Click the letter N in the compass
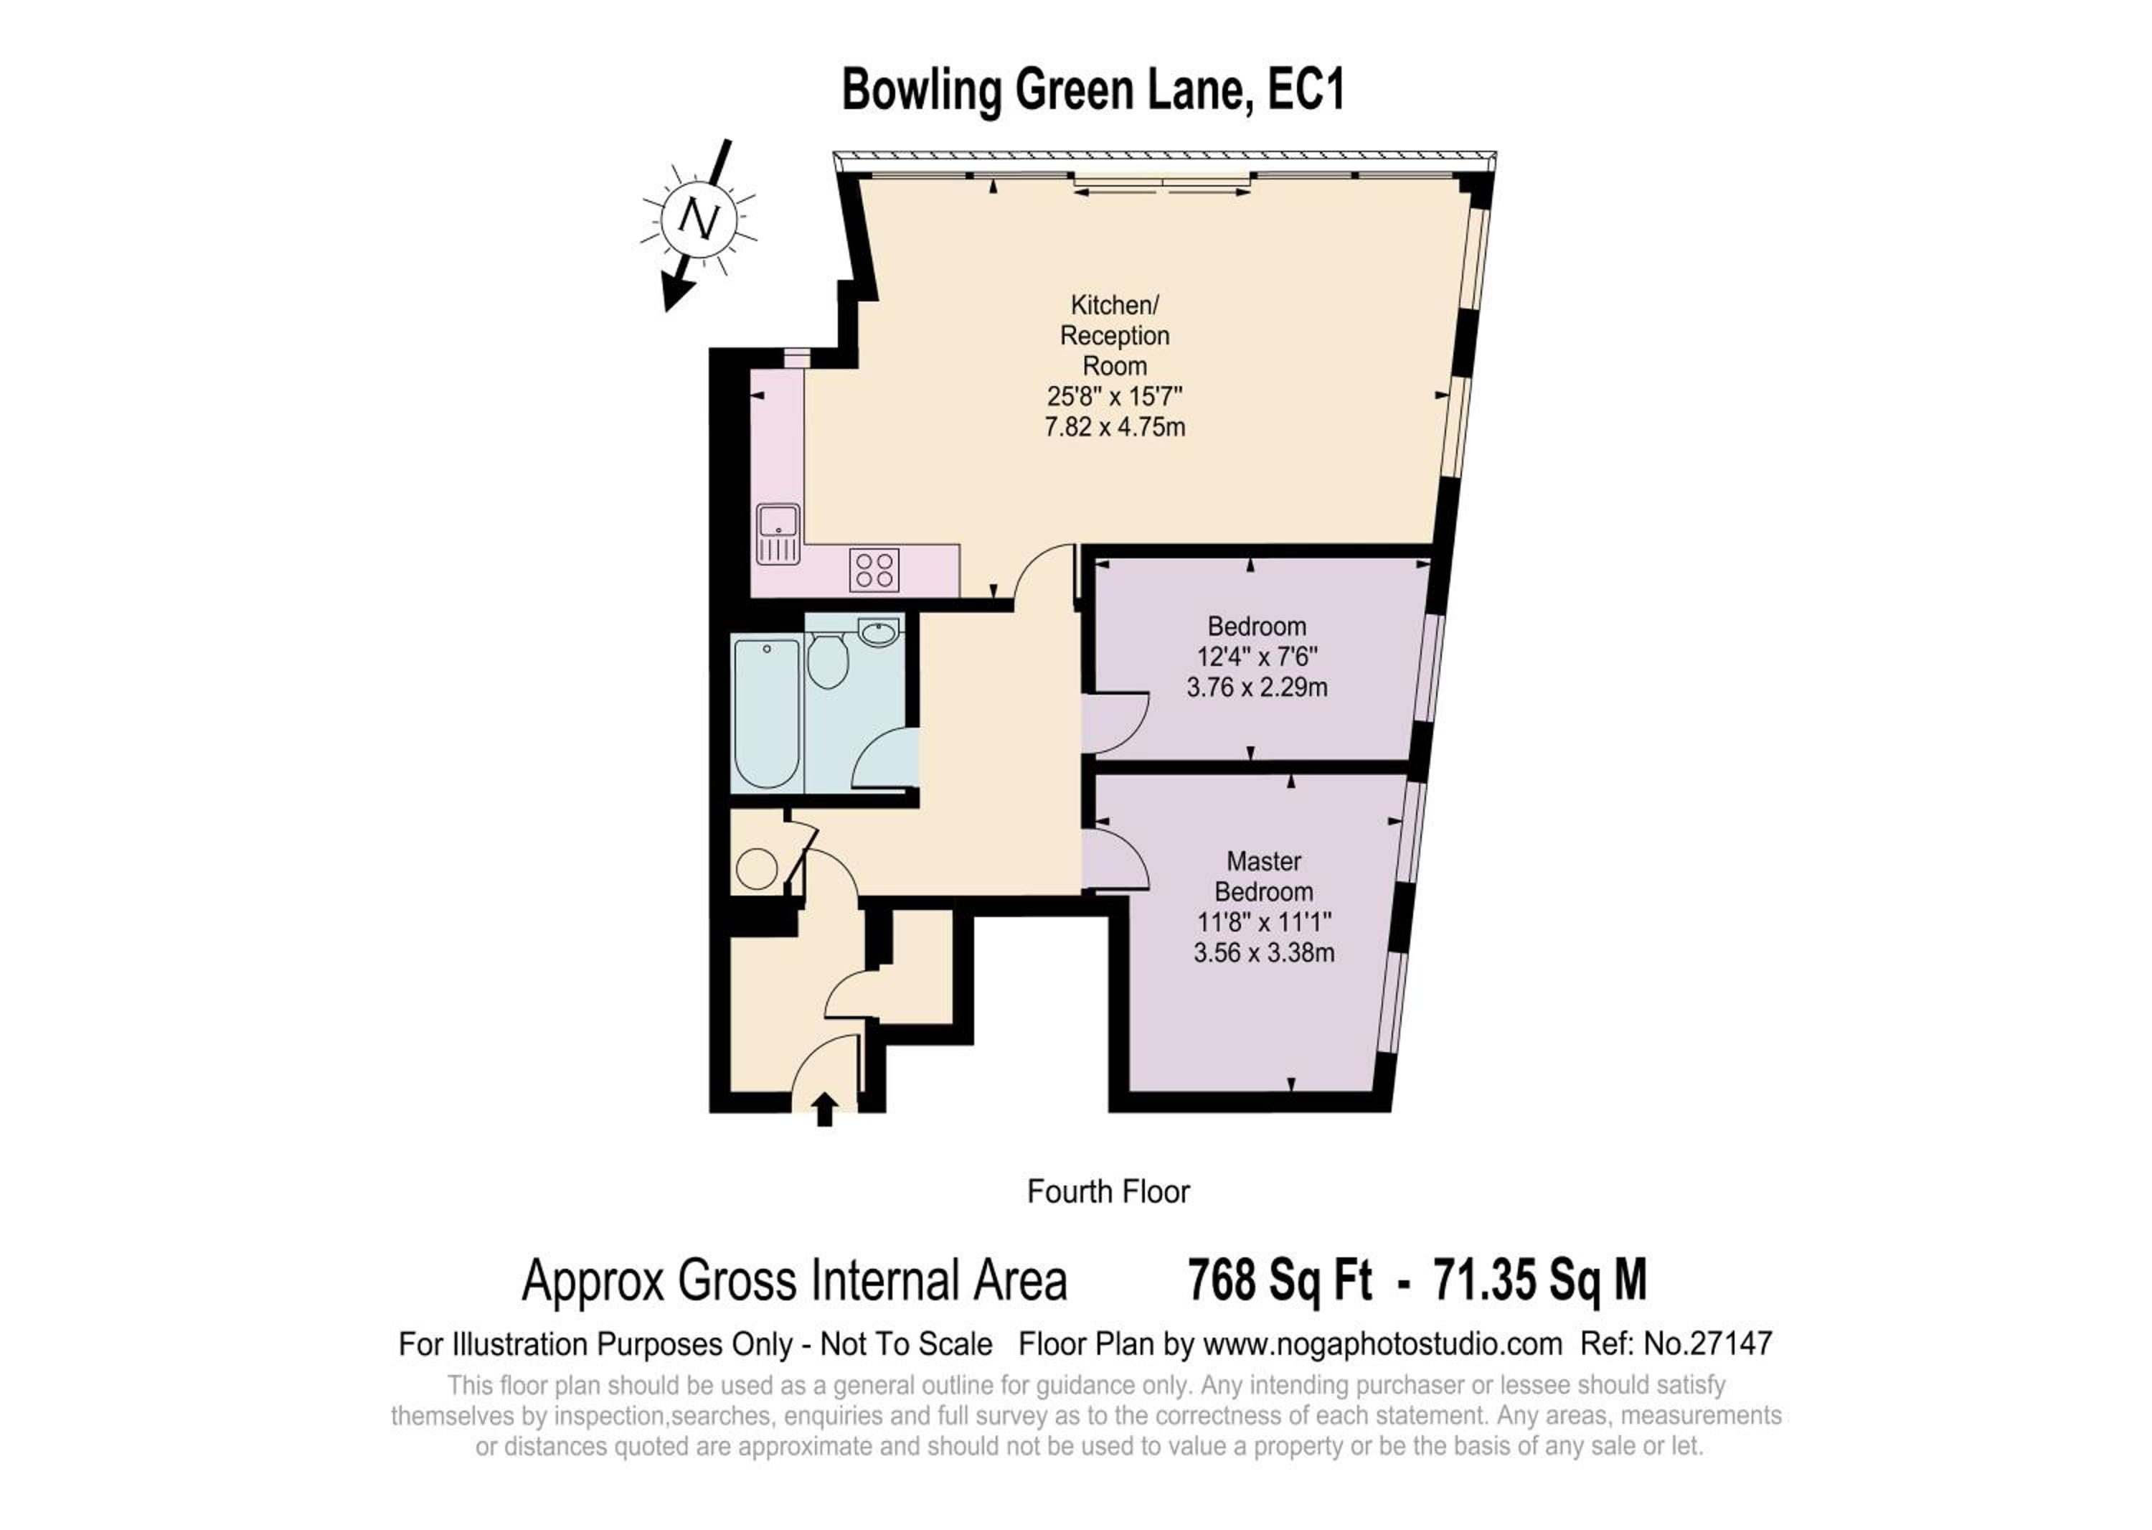pyautogui.click(x=699, y=222)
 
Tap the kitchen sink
pyautogui.click(x=778, y=534)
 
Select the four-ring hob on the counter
pyautogui.click(x=874, y=570)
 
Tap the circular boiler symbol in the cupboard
pyautogui.click(x=756, y=870)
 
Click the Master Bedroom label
pyautogui.click(x=1264, y=876)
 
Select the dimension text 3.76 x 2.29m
pyautogui.click(x=1257, y=687)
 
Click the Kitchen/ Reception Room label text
pyautogui.click(x=1115, y=335)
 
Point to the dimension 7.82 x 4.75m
pyautogui.click(x=1115, y=427)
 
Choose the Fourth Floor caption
pyautogui.click(x=1108, y=1192)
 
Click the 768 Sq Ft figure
pyautogui.click(x=1280, y=1280)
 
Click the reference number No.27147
pyautogui.click(x=1709, y=1343)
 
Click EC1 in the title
pyautogui.click(x=1307, y=90)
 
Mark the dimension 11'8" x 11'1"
pyautogui.click(x=1264, y=922)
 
